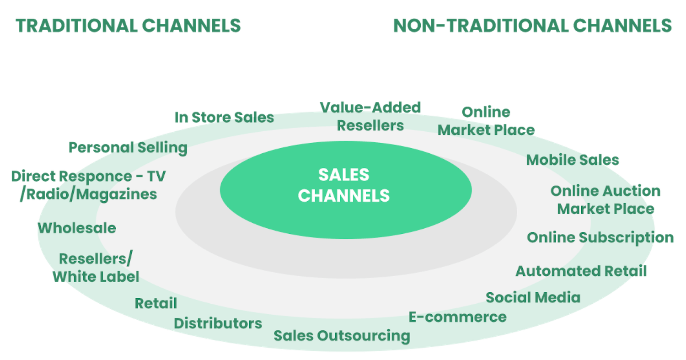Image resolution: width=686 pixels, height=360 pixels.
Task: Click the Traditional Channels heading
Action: point(129,26)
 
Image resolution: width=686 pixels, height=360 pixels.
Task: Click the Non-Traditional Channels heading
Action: point(532,26)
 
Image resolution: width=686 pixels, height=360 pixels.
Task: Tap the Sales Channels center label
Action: point(344,185)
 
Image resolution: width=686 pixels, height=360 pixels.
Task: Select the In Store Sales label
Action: point(224,117)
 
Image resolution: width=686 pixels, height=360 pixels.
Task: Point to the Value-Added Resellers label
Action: point(370,116)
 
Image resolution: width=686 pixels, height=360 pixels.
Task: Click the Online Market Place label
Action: point(486,121)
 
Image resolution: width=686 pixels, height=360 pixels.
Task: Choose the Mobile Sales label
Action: point(573,160)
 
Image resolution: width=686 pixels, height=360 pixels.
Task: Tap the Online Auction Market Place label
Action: point(606,200)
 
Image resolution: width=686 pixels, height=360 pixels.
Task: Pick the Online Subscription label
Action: point(600,238)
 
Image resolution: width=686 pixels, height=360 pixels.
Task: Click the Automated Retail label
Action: point(581,271)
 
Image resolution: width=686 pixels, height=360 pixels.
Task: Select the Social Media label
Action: point(533,298)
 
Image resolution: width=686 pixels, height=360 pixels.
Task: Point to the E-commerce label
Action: point(457,317)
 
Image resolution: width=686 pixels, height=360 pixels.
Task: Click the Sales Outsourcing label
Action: point(342,336)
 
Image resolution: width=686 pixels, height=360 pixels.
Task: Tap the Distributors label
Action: point(218,323)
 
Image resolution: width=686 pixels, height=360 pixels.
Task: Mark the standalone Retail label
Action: point(155,303)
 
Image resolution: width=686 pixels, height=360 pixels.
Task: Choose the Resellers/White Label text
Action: point(96,268)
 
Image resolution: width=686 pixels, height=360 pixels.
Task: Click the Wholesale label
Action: point(77,228)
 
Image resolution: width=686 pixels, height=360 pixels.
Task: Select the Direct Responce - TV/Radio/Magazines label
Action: point(88,185)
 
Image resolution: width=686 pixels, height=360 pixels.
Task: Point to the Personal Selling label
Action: point(128,148)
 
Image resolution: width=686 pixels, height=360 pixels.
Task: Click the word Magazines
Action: point(117,194)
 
